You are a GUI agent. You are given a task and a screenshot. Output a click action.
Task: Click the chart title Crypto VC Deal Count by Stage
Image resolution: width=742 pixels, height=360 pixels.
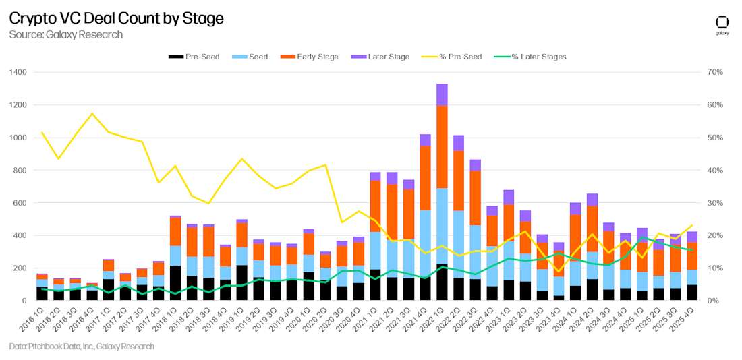116,18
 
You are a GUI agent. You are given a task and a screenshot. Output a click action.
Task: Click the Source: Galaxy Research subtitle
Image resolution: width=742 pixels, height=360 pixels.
65,34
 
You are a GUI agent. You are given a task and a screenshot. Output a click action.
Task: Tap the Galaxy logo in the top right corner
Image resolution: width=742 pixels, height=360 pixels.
722,25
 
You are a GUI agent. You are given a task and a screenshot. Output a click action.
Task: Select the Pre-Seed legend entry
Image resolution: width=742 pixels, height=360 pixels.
194,57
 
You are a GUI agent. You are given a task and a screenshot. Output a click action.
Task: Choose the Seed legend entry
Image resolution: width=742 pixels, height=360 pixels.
249,57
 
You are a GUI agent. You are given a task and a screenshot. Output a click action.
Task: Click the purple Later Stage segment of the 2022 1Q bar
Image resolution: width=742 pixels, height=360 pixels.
442,94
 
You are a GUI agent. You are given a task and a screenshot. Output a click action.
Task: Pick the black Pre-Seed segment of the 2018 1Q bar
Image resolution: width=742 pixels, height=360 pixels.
175,283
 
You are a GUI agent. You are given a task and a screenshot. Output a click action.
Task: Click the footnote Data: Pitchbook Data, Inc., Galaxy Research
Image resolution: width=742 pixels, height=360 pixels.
82,347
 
